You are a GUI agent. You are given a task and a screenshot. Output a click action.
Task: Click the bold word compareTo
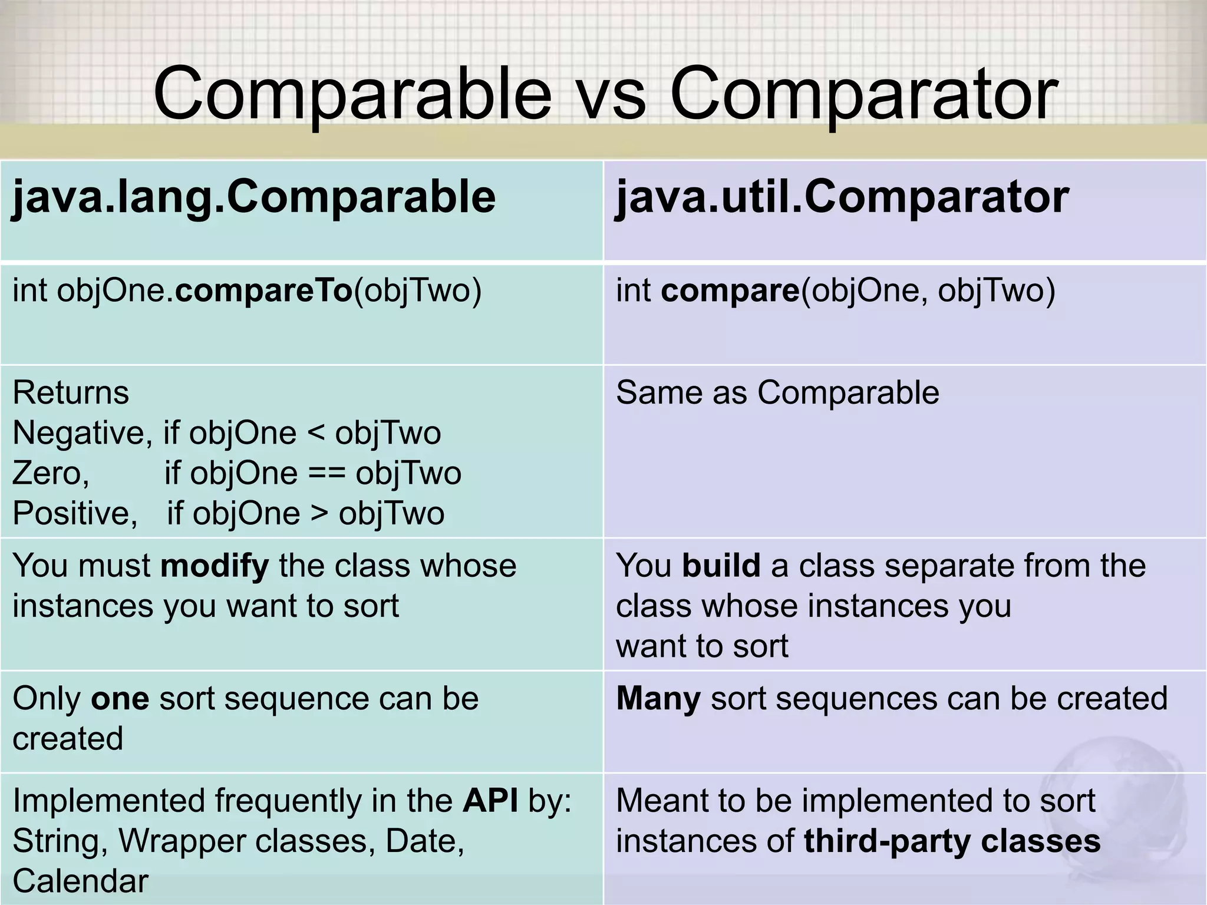click(x=263, y=291)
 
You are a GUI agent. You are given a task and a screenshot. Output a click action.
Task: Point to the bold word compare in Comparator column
click(x=730, y=291)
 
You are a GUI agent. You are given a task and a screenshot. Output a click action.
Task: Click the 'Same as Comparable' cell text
click(x=777, y=392)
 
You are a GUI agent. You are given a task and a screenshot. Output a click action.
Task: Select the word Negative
click(x=78, y=433)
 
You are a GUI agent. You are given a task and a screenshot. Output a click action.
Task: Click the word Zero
click(x=50, y=473)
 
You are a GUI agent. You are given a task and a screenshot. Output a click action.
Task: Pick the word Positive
click(x=74, y=513)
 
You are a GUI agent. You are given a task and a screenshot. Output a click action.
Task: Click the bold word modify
click(x=215, y=566)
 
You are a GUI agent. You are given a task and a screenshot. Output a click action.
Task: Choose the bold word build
click(x=721, y=566)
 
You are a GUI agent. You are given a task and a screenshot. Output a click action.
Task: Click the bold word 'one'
click(x=120, y=699)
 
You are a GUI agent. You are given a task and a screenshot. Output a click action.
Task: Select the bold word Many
click(x=658, y=699)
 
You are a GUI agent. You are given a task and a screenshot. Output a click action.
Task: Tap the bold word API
click(x=490, y=801)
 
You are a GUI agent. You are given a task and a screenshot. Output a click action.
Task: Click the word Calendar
click(x=80, y=881)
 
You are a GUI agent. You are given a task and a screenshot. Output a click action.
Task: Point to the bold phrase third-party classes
click(x=951, y=841)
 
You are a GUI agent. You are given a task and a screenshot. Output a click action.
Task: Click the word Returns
click(x=70, y=392)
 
